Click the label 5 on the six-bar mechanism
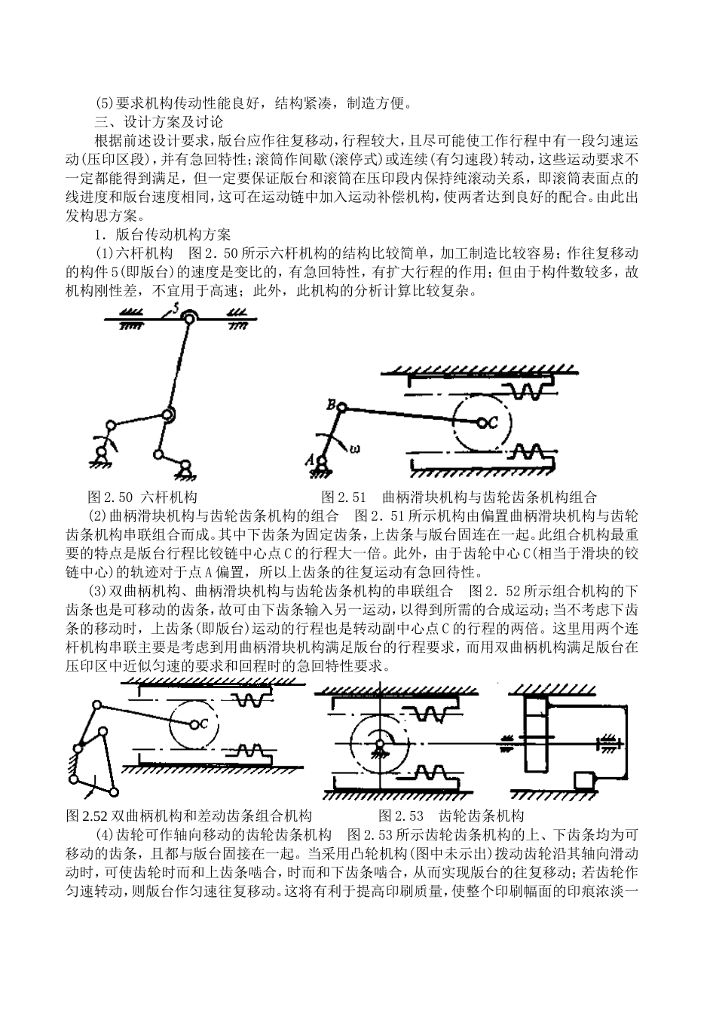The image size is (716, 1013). click(x=176, y=307)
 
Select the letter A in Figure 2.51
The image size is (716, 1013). click(x=308, y=457)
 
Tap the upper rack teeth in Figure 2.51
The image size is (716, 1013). click(x=524, y=390)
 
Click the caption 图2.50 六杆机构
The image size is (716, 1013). click(x=142, y=497)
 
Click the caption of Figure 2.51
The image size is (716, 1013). click(x=459, y=497)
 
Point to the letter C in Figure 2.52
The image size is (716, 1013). click(x=204, y=724)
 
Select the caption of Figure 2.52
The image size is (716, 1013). click(x=189, y=816)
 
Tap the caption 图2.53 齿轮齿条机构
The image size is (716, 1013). click(x=451, y=816)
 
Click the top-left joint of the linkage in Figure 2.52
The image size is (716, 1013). click(x=96, y=705)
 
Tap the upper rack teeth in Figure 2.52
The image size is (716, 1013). click(x=249, y=700)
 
